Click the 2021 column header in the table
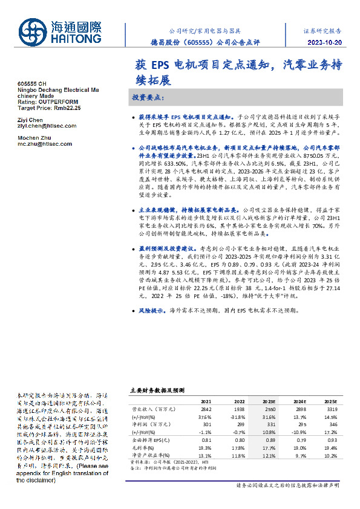pyautogui.click(x=206, y=401)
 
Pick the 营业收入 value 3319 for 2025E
pyautogui.click(x=330, y=409)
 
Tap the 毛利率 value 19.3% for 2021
pyautogui.click(x=206, y=447)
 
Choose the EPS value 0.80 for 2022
pyautogui.click(x=238, y=440)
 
